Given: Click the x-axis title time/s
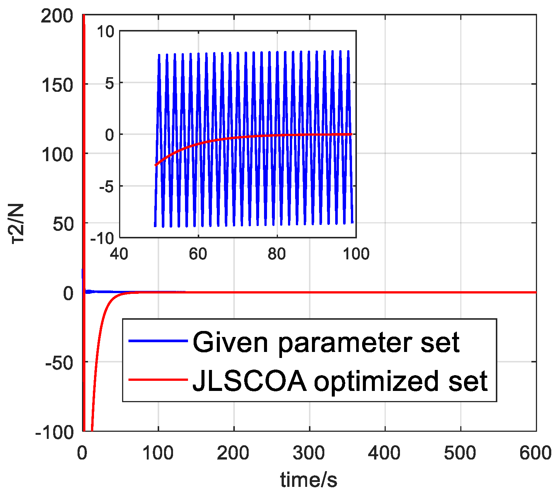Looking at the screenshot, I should click(309, 480).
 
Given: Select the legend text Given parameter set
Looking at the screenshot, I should click(326, 342).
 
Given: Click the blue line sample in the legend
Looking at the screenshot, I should click(158, 341).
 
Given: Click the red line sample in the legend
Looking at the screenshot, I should click(158, 380).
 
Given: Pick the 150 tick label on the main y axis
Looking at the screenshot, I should click(57, 85).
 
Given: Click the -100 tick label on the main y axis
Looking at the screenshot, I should click(54, 432).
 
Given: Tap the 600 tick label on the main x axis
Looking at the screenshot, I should click(535, 453).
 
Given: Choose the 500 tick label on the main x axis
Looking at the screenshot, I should click(460, 453).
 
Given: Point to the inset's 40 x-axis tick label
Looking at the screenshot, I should click(119, 254).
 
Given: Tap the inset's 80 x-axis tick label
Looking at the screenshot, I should click(277, 254).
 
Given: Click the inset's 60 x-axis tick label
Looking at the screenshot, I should click(198, 254).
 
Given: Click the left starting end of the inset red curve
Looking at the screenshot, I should click(155, 165).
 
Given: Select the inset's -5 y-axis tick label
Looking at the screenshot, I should click(106, 187).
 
